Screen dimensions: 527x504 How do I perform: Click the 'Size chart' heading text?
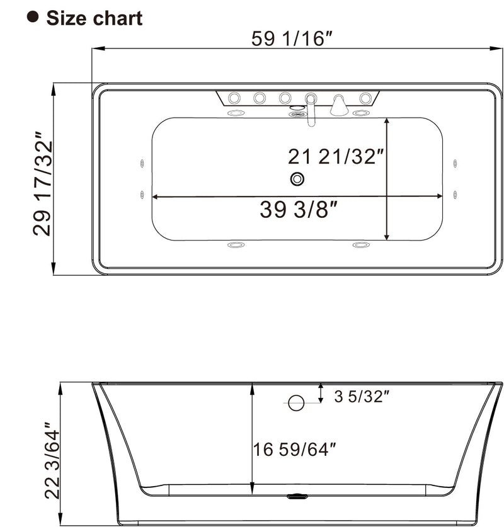pos(94,18)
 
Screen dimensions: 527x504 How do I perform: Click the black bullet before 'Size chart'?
pos(33,17)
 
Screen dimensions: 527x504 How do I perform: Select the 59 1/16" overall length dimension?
pos(292,39)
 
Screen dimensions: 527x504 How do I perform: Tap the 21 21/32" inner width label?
pos(336,156)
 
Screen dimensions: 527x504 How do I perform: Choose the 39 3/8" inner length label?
pos(295,210)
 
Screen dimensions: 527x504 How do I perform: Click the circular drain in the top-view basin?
pos(297,179)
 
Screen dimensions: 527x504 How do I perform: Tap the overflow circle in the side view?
pos(296,402)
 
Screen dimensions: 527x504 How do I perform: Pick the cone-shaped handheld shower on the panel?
pos(339,105)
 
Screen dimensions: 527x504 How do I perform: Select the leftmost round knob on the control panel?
pos(234,98)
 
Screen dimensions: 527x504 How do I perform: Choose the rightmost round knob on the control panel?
pos(365,98)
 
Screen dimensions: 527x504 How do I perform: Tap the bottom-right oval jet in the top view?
pos(360,244)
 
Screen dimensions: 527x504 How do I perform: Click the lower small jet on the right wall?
pos(454,194)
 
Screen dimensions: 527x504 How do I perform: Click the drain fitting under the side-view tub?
pos(296,496)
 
